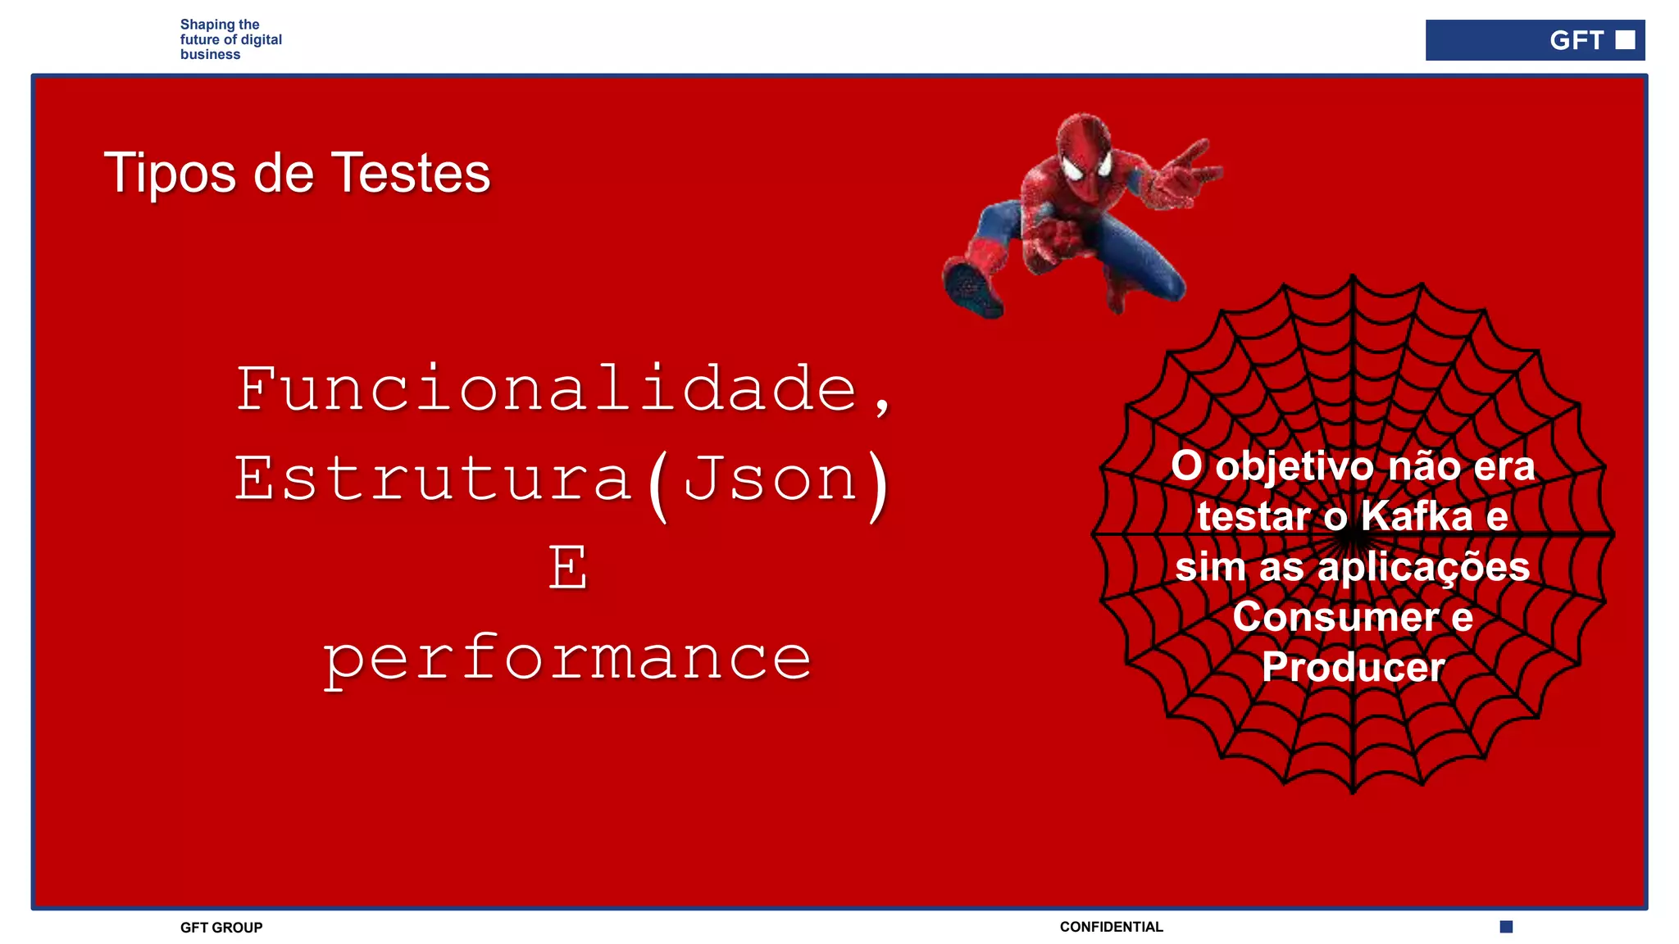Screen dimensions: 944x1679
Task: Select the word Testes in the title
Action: [x=410, y=174]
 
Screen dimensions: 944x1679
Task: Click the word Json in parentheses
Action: [x=771, y=479]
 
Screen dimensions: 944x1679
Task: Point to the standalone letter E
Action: [x=568, y=567]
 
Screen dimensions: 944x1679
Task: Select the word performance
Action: [x=567, y=658]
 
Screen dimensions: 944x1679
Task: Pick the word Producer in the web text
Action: [x=1353, y=667]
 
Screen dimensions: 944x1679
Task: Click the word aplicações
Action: [x=1423, y=566]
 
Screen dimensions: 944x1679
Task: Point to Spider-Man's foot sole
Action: [x=972, y=290]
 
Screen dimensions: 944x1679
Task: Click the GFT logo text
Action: [x=1576, y=40]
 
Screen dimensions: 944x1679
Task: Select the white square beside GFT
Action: [x=1625, y=40]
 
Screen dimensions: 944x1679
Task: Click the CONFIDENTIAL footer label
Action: [x=1111, y=927]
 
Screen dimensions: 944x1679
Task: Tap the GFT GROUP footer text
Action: [x=221, y=928]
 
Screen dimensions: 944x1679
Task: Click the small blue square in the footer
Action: [x=1506, y=927]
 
